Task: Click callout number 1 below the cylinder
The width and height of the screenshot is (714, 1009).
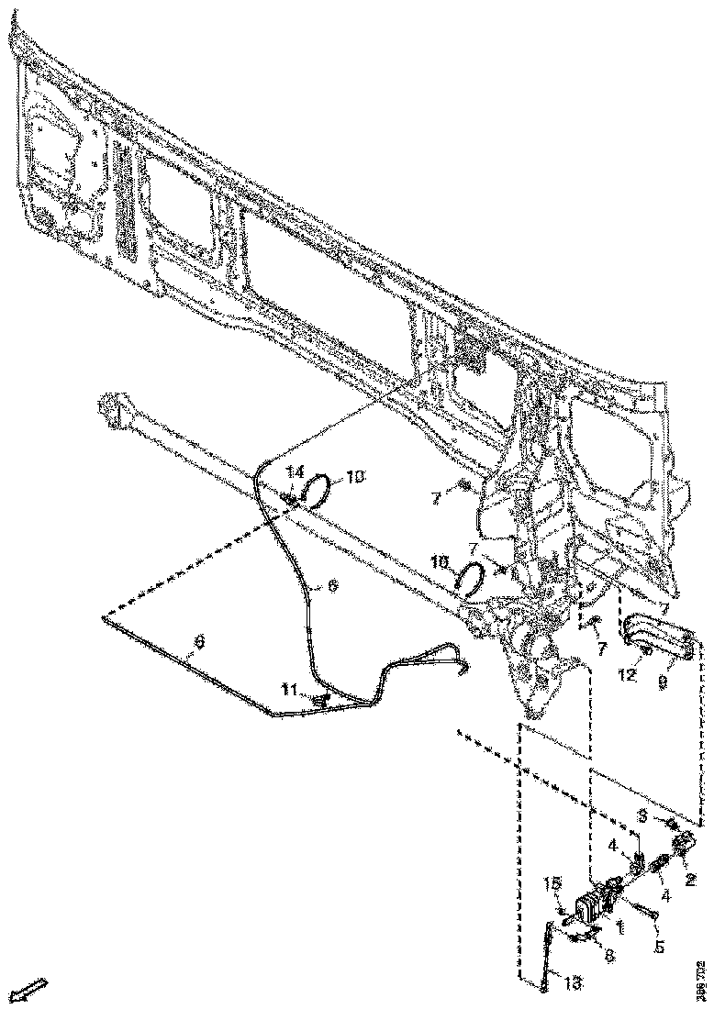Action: (620, 928)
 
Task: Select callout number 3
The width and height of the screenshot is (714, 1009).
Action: (644, 815)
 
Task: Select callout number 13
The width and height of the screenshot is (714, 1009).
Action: (575, 982)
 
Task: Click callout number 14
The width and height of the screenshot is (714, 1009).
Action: (295, 471)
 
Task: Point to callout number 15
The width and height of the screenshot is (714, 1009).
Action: (552, 884)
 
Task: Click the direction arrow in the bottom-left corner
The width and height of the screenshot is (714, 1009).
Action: (28, 990)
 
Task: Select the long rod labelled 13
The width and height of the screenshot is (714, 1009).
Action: (549, 954)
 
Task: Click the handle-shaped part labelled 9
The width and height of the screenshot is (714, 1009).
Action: (659, 638)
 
